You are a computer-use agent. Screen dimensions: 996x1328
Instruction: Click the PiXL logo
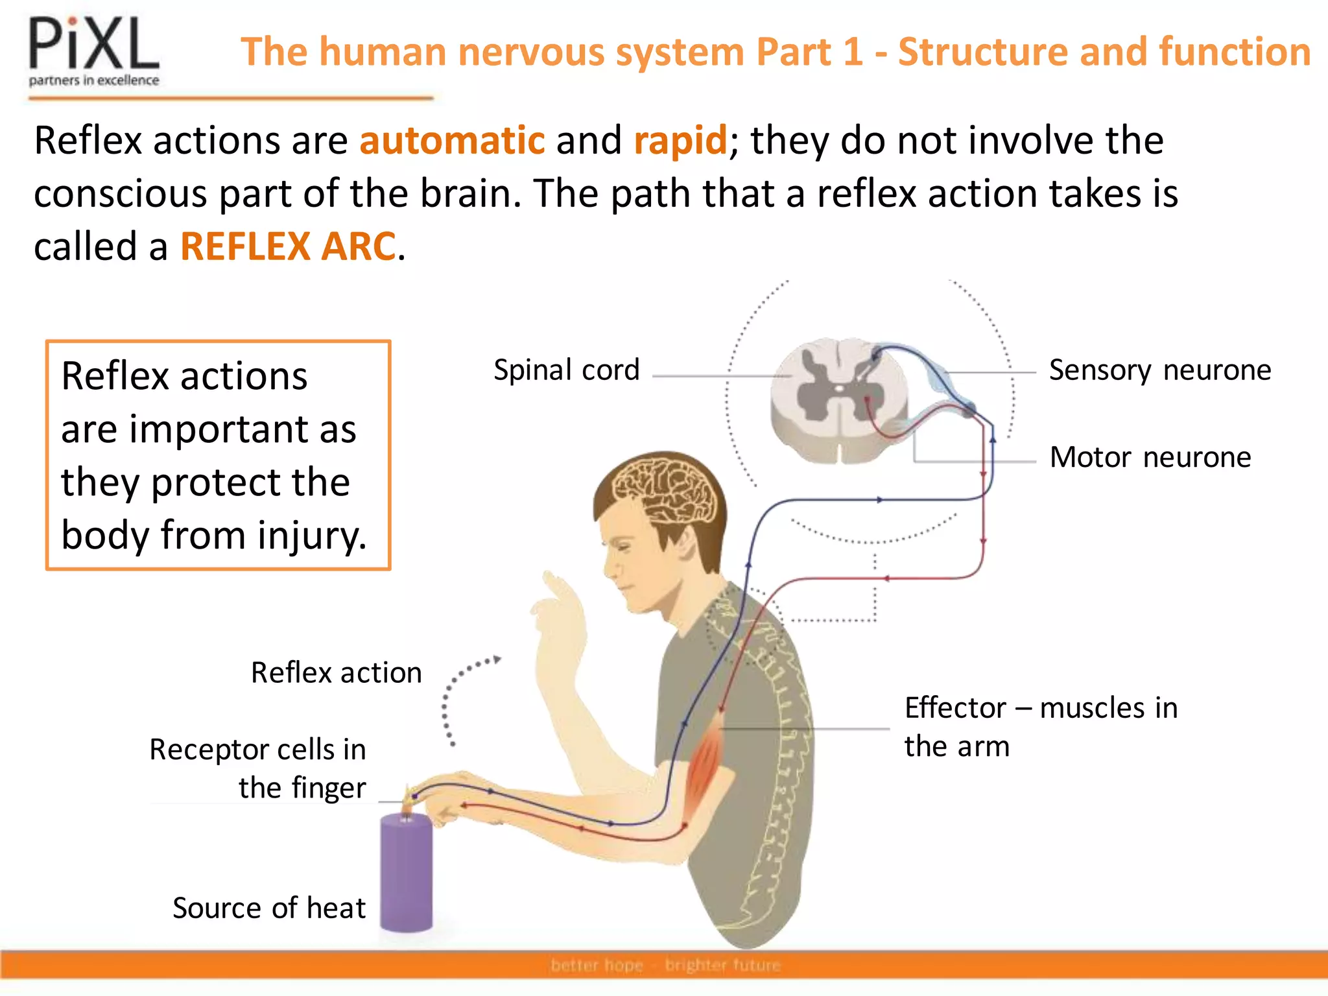tap(93, 52)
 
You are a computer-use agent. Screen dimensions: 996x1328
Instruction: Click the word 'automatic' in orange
tap(452, 140)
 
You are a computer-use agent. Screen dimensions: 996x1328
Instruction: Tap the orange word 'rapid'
tap(680, 140)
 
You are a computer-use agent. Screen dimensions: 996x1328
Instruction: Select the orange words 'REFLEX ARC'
tap(287, 246)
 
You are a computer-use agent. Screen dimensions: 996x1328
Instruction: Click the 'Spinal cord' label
tap(566, 370)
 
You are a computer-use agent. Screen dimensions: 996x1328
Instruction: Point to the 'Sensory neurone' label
tap(1159, 370)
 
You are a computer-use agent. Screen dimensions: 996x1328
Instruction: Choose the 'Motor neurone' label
tap(1150, 457)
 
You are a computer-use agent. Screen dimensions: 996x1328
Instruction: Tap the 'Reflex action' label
tap(336, 672)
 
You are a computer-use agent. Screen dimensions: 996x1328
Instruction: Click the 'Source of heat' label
tap(268, 908)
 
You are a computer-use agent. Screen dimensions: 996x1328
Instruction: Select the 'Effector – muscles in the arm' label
tap(1040, 726)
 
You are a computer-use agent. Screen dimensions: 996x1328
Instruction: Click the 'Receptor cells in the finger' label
tap(258, 768)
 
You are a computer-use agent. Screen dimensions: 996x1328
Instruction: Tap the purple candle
tap(406, 872)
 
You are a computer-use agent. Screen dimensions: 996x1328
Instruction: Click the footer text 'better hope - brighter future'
tap(665, 966)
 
